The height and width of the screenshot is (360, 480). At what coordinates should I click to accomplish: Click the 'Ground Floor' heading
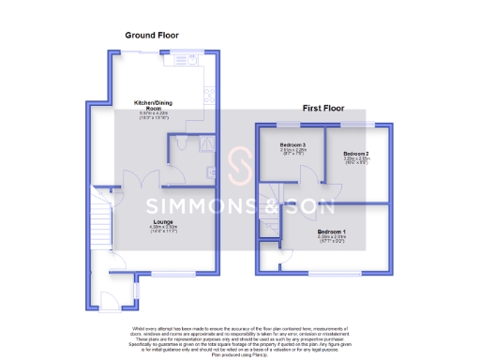[152, 35]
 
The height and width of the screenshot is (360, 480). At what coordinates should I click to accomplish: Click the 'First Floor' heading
[322, 109]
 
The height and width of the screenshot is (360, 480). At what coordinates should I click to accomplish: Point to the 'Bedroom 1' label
[331, 231]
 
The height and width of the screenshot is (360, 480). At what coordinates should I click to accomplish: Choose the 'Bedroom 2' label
[355, 154]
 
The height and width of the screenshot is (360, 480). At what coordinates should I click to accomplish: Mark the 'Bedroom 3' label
[293, 146]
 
